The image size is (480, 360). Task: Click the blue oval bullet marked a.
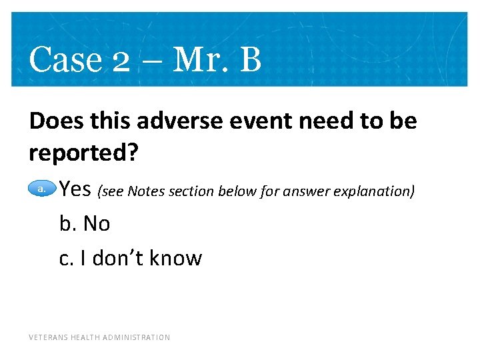(x=41, y=189)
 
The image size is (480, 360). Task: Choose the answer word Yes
(x=75, y=189)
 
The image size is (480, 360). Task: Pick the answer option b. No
(x=85, y=224)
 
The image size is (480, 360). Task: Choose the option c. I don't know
(x=130, y=258)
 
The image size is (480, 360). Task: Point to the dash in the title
(x=151, y=62)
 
